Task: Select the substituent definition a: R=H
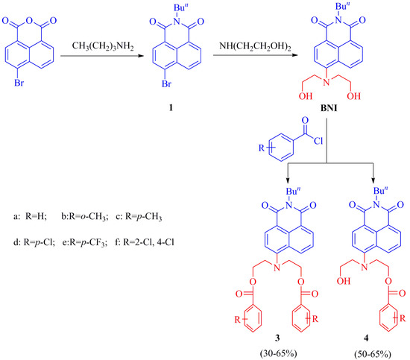pyautogui.click(x=37, y=194)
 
